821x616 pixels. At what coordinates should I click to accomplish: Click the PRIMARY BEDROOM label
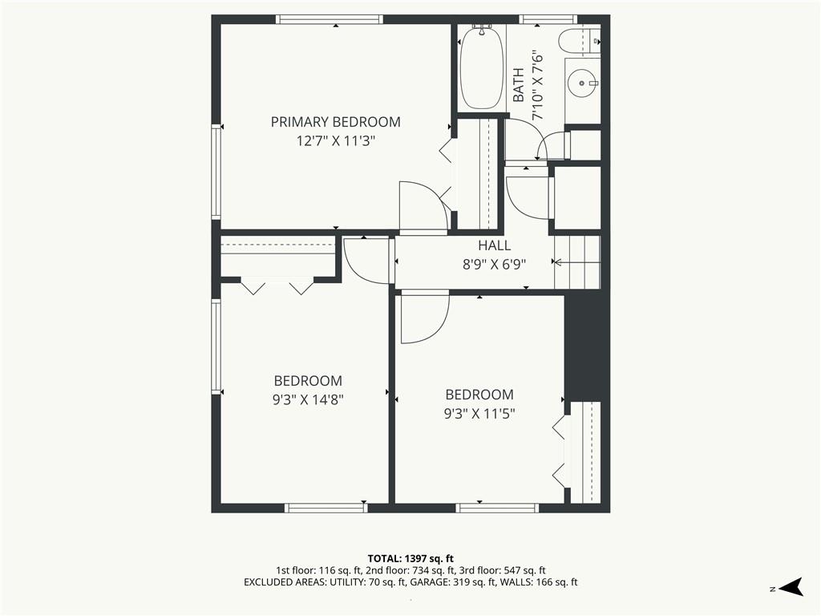click(x=336, y=122)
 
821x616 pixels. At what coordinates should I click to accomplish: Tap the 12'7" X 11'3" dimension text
click(x=336, y=141)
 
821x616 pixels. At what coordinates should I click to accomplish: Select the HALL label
click(x=494, y=245)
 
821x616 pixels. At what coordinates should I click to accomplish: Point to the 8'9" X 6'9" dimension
click(x=494, y=265)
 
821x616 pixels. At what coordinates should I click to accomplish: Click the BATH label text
click(x=519, y=85)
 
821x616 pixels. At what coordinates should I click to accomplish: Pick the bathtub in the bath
click(x=481, y=68)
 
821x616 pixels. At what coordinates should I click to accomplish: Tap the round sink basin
click(x=582, y=83)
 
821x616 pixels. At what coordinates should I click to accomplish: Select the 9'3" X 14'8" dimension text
click(x=308, y=400)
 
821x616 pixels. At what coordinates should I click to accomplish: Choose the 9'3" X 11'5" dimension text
click(x=479, y=414)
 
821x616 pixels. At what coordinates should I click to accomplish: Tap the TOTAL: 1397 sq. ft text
click(x=410, y=558)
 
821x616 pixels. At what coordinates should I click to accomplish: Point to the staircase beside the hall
click(x=577, y=262)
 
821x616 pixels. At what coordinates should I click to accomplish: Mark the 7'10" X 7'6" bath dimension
click(x=538, y=85)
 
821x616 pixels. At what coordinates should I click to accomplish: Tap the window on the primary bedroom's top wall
click(x=330, y=19)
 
